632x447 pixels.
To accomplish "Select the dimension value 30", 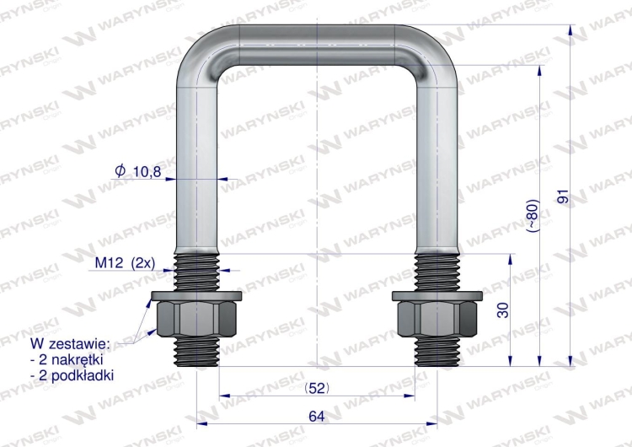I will (x=503, y=310).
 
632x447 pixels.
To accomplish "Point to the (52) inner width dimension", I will (x=316, y=388).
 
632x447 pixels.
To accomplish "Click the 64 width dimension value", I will (x=316, y=416).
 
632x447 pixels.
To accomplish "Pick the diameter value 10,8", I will (x=147, y=171).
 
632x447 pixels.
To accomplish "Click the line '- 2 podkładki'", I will (x=72, y=374).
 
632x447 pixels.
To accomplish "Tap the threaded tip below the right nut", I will (x=437, y=353).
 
